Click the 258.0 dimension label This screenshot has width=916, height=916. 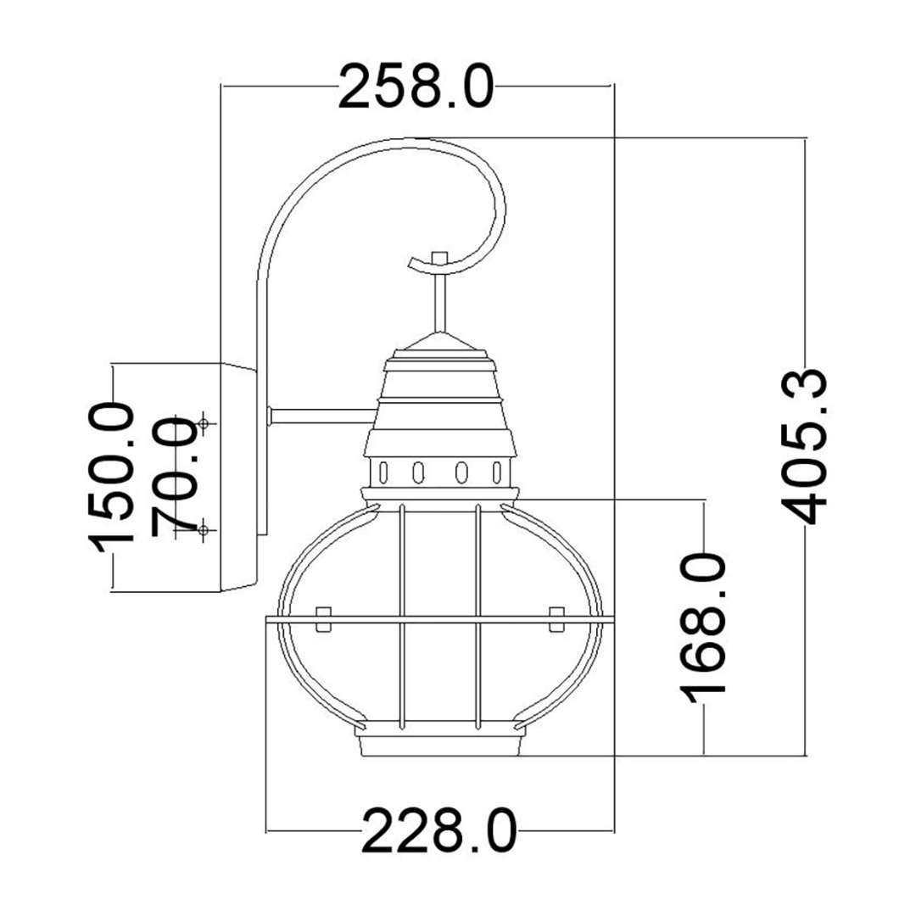(416, 87)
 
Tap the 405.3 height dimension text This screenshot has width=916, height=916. (804, 446)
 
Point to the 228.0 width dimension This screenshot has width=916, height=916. (439, 830)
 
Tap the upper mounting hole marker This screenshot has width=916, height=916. (204, 423)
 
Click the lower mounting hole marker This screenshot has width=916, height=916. (204, 530)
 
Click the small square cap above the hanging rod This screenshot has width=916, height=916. (438, 258)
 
